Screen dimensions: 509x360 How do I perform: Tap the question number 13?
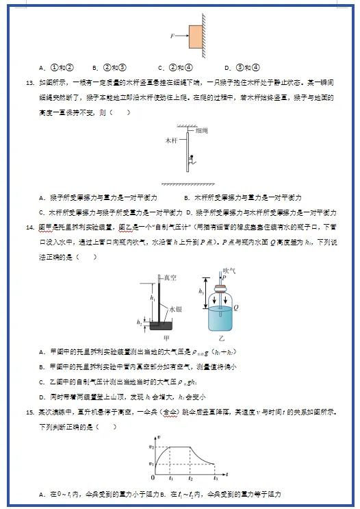point(29,82)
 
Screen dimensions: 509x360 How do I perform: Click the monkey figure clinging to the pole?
point(192,162)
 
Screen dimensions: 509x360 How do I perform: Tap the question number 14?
point(29,225)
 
